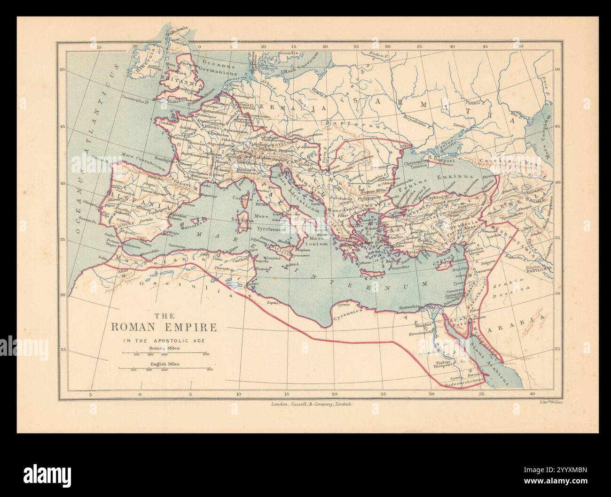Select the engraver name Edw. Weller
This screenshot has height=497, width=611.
coord(551,402)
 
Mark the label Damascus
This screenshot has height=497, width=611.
coord(481,271)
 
